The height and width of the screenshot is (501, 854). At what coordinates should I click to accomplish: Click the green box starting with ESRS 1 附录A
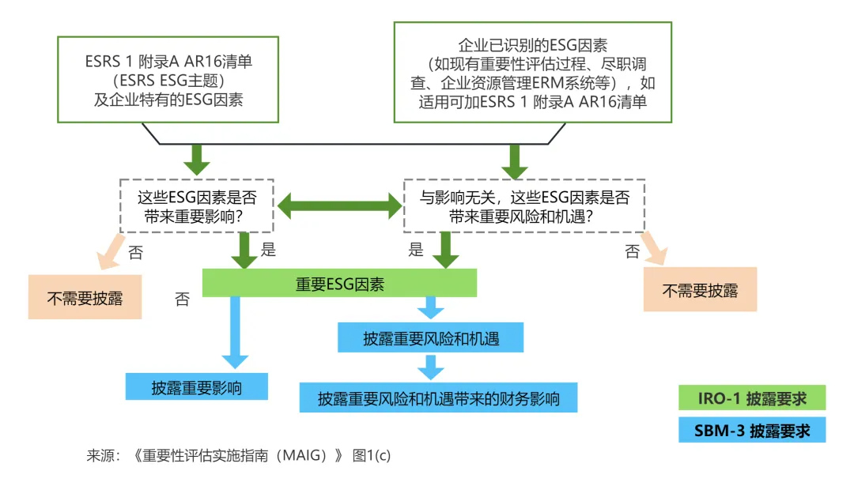click(168, 79)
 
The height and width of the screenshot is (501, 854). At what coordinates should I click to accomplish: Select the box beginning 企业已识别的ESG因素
click(532, 72)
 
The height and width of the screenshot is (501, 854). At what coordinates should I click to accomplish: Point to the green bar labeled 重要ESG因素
click(339, 284)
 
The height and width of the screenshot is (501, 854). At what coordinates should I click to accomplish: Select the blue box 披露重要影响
click(197, 387)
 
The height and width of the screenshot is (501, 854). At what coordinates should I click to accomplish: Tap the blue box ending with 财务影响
click(438, 397)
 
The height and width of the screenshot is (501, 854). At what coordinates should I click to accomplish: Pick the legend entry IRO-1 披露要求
click(751, 397)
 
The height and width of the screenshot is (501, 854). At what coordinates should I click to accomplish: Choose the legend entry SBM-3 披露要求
click(751, 431)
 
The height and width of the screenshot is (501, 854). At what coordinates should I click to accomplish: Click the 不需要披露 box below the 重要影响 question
click(85, 298)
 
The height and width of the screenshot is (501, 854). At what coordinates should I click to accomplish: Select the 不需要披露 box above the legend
click(700, 290)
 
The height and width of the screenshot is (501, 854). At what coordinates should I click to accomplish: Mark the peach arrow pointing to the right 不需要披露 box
click(654, 247)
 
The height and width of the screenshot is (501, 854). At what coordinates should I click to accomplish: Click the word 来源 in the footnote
click(101, 456)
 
